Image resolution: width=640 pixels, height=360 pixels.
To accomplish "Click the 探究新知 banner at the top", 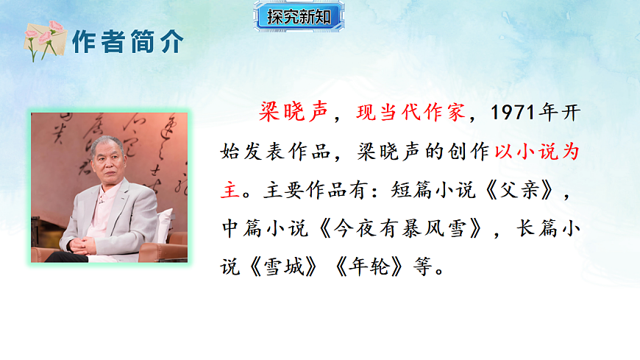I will click(299, 17).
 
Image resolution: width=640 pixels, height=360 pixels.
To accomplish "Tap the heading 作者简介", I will click(126, 43).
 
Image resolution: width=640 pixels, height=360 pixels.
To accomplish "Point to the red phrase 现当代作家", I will click(410, 113).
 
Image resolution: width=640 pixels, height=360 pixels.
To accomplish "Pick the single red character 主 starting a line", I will click(230, 189).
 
